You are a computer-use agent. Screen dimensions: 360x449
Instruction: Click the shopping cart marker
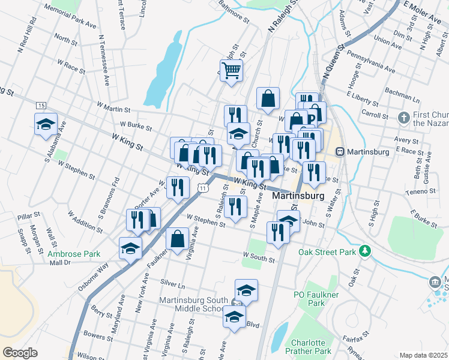tap(231, 71)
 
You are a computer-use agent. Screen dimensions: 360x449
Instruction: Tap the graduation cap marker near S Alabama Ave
tap(46, 124)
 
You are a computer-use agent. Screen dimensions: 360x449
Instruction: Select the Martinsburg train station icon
tap(340, 152)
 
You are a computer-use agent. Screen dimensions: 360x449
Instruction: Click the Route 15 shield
tap(41, 106)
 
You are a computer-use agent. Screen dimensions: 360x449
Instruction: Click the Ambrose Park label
tap(74, 254)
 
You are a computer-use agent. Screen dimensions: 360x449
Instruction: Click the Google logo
tap(20, 353)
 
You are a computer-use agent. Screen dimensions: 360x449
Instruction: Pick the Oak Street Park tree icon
tap(364, 250)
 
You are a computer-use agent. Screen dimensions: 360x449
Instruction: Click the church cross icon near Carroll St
tap(404, 116)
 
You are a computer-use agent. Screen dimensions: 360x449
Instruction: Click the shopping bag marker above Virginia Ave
tap(178, 239)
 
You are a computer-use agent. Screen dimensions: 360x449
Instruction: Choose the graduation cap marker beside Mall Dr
tap(130, 249)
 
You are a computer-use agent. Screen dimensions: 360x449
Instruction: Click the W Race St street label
tap(71, 62)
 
